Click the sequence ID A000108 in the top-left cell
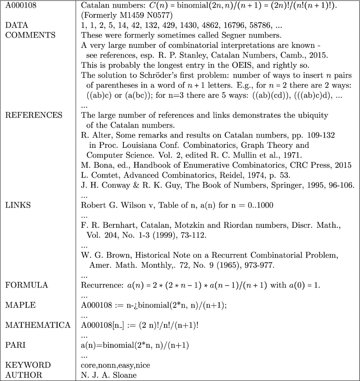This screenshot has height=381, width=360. [21, 5]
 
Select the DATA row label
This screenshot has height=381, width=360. [16, 25]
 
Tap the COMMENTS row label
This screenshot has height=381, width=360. [30, 35]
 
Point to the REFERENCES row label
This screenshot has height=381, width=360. [34, 115]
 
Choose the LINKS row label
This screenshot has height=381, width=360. [18, 205]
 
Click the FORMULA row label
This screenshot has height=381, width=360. [26, 285]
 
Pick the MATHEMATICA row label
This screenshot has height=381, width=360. [38, 325]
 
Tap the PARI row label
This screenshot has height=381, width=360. [15, 345]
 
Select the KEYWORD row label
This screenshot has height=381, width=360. [28, 365]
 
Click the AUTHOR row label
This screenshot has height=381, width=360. [24, 375]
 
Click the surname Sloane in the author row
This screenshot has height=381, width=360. [124, 375]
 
